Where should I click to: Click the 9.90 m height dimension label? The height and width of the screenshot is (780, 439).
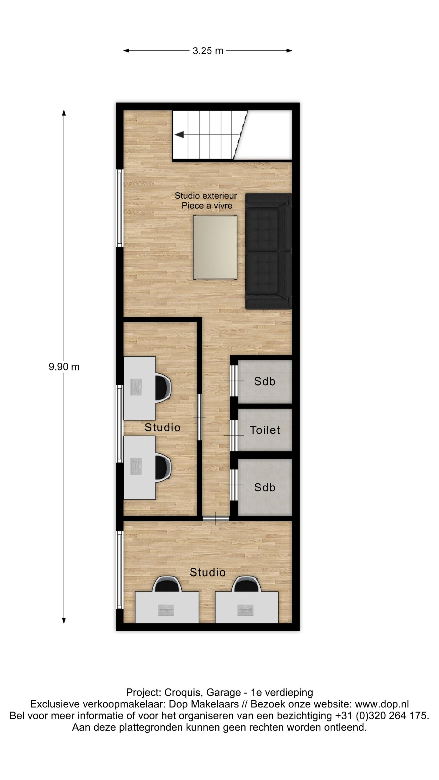(64, 367)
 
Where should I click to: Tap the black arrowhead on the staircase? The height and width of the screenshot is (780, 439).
(179, 134)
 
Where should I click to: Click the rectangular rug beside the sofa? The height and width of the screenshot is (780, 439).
(215, 247)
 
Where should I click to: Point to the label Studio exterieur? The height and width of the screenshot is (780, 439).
(206, 196)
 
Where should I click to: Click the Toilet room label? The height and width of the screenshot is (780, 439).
(265, 430)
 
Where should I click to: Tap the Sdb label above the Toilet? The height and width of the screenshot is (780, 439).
(265, 381)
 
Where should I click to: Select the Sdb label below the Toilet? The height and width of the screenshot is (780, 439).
(265, 487)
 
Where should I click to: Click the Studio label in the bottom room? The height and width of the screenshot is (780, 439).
(208, 572)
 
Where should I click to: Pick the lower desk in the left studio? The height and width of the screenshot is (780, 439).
(140, 467)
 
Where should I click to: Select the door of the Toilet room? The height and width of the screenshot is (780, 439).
(234, 435)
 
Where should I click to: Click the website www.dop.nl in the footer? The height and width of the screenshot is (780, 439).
(382, 704)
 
